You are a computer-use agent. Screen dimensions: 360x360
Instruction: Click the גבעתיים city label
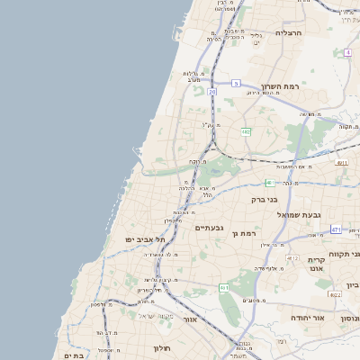point(213,228)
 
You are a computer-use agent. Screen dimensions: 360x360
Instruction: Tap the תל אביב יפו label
point(147,239)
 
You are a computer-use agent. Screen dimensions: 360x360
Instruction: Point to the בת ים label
point(73,355)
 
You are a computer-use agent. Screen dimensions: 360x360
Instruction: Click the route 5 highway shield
point(235,83)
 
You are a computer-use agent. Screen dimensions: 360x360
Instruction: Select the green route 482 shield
point(245,131)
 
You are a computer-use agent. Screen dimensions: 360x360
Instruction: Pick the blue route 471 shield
point(335,229)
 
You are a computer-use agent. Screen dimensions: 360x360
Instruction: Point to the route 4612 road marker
point(293,258)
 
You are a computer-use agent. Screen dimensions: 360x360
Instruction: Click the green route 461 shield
point(223,288)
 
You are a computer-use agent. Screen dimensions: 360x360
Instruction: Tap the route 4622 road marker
point(335,294)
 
